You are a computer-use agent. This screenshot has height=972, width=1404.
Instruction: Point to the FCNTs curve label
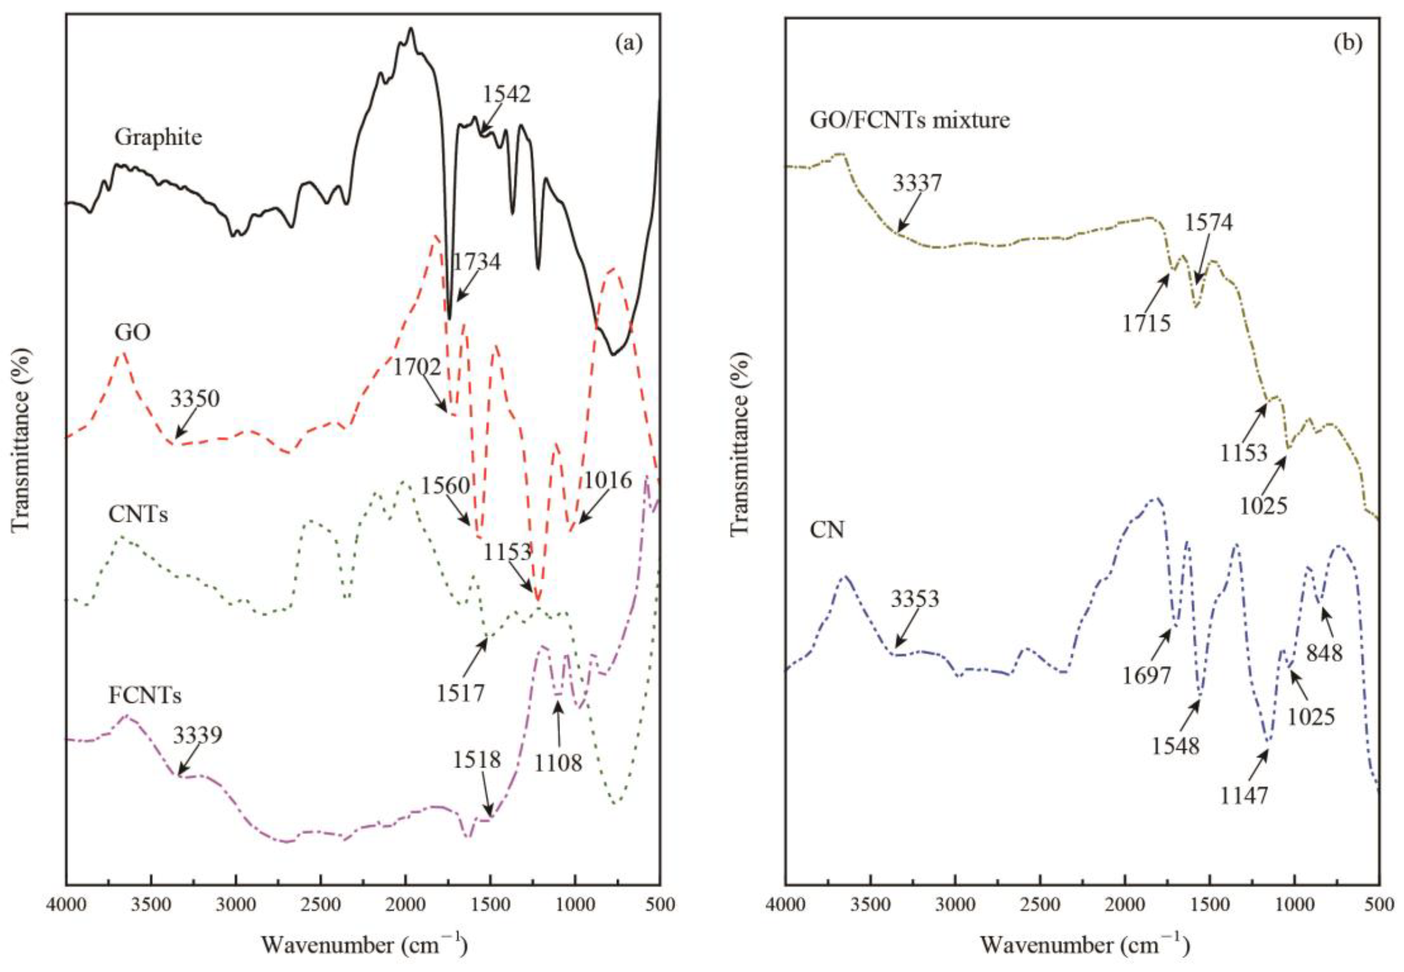145,695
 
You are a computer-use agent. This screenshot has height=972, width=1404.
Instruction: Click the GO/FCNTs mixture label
910,120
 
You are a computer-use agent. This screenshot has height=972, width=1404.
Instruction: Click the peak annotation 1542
507,94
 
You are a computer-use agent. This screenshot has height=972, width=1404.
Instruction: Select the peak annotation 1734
477,263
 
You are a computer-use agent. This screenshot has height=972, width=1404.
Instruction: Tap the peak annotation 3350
195,400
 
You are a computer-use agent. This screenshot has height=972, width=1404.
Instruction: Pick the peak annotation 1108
558,762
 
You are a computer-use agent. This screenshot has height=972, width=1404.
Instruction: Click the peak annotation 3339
197,736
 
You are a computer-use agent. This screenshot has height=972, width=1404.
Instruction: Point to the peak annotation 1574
1208,223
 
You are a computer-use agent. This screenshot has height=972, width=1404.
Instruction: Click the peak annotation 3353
915,599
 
